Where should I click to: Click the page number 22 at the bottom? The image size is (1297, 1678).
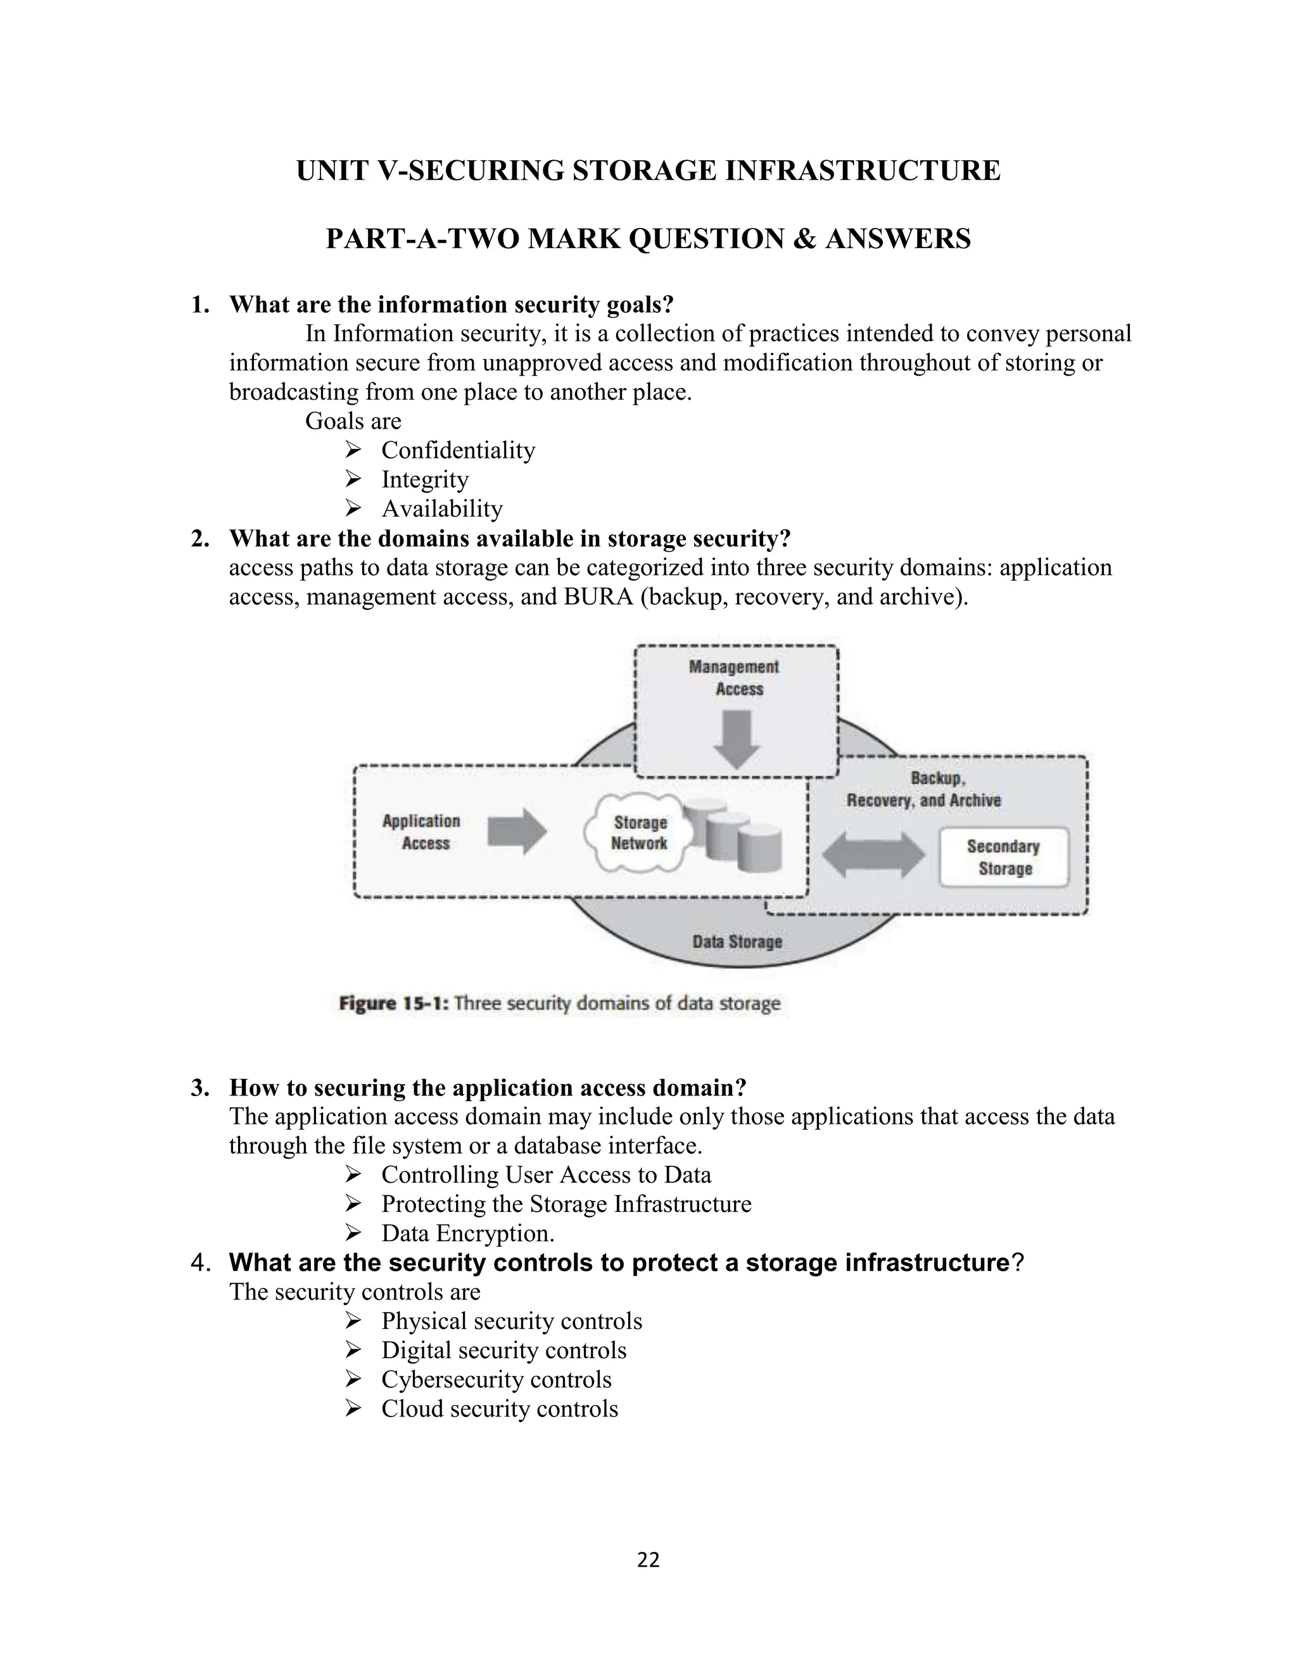(x=648, y=1560)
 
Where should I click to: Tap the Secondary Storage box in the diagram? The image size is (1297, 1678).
(x=1004, y=857)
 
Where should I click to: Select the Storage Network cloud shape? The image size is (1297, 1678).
(x=639, y=833)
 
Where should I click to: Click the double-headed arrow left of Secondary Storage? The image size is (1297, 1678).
(x=873, y=855)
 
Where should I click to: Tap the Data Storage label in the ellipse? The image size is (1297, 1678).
(x=737, y=941)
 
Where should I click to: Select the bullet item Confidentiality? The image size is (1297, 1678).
(x=458, y=450)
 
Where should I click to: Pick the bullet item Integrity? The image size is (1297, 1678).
(x=424, y=479)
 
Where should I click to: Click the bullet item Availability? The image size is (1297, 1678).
(x=442, y=508)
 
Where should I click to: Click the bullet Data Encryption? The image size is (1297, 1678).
(x=467, y=1233)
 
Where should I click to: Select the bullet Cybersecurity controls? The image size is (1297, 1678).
(x=496, y=1379)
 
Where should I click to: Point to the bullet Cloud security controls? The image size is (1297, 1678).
(x=500, y=1408)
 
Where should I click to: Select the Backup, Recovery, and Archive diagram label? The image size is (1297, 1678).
(x=923, y=789)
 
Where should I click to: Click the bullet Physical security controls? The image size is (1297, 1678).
(x=511, y=1321)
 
